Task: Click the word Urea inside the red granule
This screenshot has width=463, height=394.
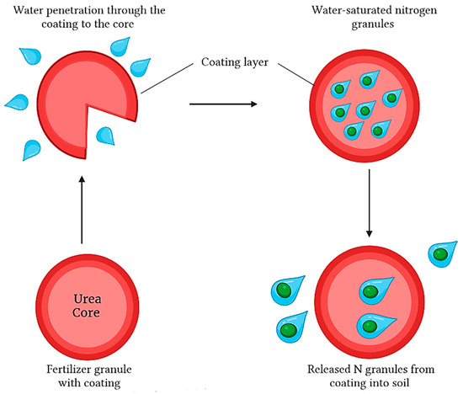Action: (x=82, y=296)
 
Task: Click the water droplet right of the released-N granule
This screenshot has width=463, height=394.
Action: (x=440, y=255)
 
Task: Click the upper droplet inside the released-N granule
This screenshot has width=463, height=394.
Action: (x=373, y=291)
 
